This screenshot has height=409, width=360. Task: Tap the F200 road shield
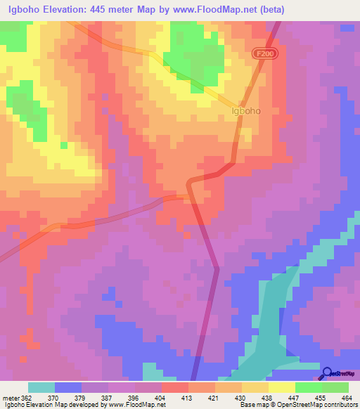pyautogui.click(x=262, y=53)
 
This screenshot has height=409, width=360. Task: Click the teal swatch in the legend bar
pyautogui.click(x=41, y=387)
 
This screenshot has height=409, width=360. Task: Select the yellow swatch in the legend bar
pyautogui.click(x=281, y=387)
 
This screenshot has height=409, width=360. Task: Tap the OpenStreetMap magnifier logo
pyautogui.click(x=327, y=372)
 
